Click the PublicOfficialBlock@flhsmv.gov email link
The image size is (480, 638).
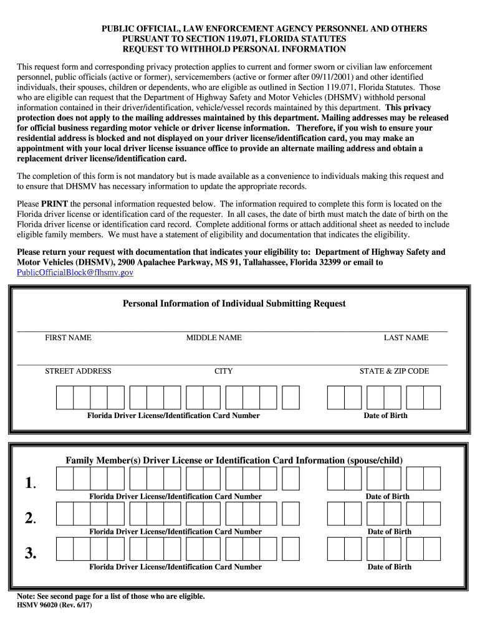[75, 272]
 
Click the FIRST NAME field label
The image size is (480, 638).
[68, 338]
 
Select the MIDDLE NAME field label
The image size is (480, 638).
[214, 338]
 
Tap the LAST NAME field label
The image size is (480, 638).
[406, 338]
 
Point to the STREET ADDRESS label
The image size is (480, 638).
[78, 371]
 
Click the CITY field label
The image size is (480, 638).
[223, 371]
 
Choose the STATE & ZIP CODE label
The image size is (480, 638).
[394, 371]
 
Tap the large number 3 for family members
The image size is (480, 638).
[29, 552]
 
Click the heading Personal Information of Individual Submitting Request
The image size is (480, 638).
[234, 303]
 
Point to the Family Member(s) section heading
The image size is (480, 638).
[234, 460]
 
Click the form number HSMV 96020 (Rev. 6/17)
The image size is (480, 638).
[54, 606]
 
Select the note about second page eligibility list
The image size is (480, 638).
[111, 596]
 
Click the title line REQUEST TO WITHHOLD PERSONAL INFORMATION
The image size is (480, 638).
[234, 49]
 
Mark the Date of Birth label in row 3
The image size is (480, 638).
[390, 567]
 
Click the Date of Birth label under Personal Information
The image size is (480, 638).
[385, 416]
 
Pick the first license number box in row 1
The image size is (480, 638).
[65, 478]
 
